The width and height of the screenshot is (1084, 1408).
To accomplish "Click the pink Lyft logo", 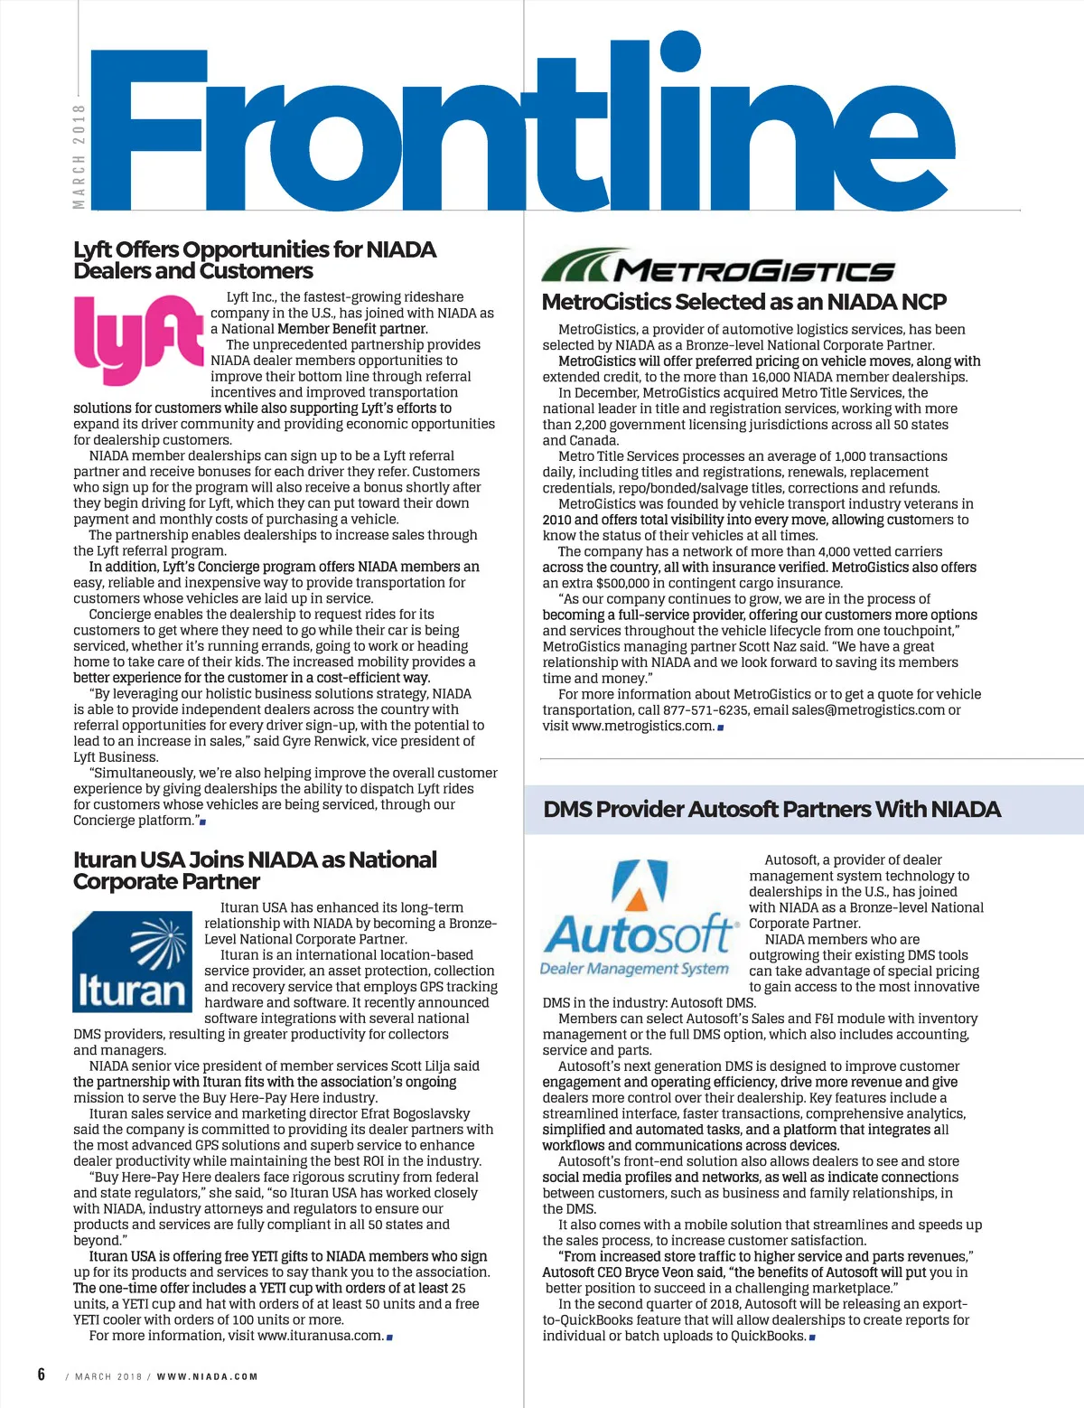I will tap(138, 339).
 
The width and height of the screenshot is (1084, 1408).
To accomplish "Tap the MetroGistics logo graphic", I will tap(718, 268).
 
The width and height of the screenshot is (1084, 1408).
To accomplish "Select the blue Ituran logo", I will tap(132, 962).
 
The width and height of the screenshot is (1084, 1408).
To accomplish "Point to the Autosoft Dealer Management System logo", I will tap(640, 920).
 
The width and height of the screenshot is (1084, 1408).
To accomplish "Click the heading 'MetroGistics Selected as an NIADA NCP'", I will tap(743, 302).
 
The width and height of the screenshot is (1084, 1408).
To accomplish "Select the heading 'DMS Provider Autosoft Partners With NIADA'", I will tap(771, 810).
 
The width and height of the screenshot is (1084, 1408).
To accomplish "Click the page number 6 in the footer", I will tap(42, 1375).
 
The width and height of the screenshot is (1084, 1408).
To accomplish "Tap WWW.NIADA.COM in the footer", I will tap(207, 1376).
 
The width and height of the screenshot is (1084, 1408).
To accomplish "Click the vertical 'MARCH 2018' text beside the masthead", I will tap(79, 156).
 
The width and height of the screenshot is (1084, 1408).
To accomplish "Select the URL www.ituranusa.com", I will tap(320, 1336).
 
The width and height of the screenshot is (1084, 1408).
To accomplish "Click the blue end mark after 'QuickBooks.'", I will tap(812, 1337).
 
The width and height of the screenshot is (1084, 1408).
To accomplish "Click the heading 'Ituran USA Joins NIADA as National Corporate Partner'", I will tap(255, 870).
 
